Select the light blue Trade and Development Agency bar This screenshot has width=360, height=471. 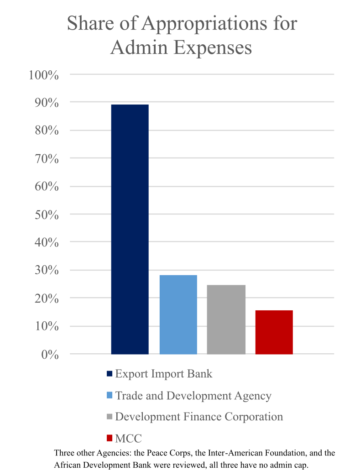(x=178, y=314)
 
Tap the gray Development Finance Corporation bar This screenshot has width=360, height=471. (x=226, y=319)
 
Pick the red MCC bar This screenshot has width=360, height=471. (x=274, y=332)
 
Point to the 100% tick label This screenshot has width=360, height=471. (x=44, y=75)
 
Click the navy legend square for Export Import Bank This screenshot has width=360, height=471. (x=109, y=374)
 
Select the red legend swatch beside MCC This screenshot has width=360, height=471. (x=109, y=439)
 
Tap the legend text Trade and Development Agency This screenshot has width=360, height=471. (x=193, y=395)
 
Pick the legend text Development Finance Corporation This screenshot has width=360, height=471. (x=199, y=417)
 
